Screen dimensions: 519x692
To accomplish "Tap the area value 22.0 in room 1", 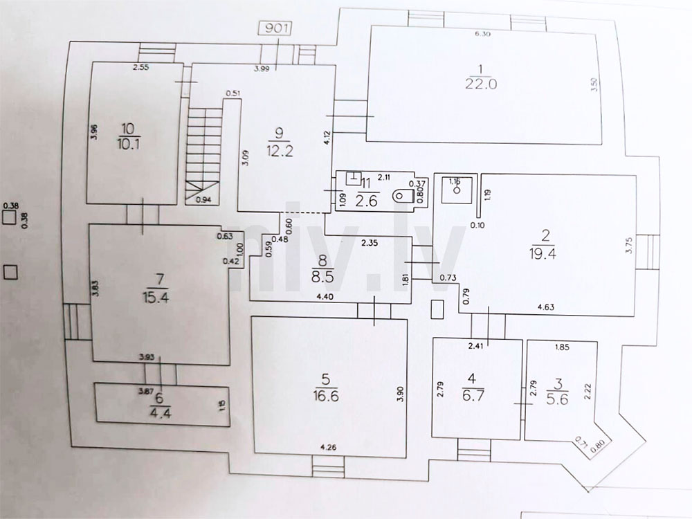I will (x=482, y=85).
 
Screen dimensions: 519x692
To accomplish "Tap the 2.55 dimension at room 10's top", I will (x=142, y=68).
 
